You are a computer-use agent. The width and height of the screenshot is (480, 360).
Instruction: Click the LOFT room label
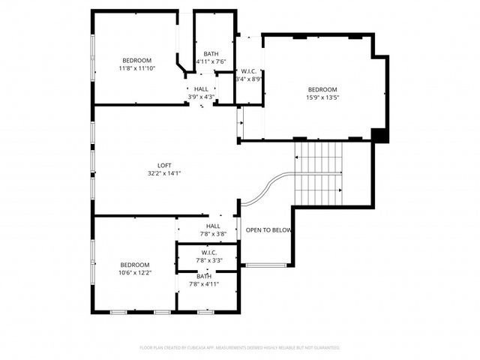click(x=163, y=165)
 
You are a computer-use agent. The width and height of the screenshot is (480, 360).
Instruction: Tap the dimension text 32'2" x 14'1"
click(x=163, y=173)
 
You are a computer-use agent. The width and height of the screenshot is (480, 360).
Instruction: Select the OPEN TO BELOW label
click(x=268, y=230)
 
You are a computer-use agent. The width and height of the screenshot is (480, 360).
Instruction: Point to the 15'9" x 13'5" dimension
click(x=322, y=96)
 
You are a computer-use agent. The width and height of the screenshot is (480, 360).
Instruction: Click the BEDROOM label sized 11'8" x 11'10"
click(x=137, y=60)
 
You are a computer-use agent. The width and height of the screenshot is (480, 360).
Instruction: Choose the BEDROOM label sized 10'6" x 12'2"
click(x=135, y=265)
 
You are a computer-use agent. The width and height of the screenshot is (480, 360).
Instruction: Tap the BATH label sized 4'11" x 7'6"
click(x=211, y=53)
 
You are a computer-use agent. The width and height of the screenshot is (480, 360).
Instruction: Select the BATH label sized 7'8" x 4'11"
click(x=204, y=276)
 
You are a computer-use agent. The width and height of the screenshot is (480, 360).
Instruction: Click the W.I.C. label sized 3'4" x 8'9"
click(x=249, y=70)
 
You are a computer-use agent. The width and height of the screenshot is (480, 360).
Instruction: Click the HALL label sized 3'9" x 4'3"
click(x=201, y=88)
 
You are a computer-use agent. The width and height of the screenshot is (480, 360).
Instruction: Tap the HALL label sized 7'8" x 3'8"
click(x=213, y=226)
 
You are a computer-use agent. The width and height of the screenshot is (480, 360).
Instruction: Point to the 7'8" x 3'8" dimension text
click(x=213, y=234)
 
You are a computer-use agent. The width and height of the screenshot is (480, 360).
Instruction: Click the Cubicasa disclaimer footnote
click(x=240, y=348)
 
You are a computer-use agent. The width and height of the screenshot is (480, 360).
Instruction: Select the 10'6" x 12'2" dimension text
click(x=135, y=273)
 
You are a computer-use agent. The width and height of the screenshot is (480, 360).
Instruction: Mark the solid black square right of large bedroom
click(x=380, y=135)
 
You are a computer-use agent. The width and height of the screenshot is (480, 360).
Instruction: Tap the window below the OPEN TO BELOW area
click(x=265, y=265)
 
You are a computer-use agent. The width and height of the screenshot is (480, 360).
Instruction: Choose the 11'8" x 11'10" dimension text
click(x=137, y=68)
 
